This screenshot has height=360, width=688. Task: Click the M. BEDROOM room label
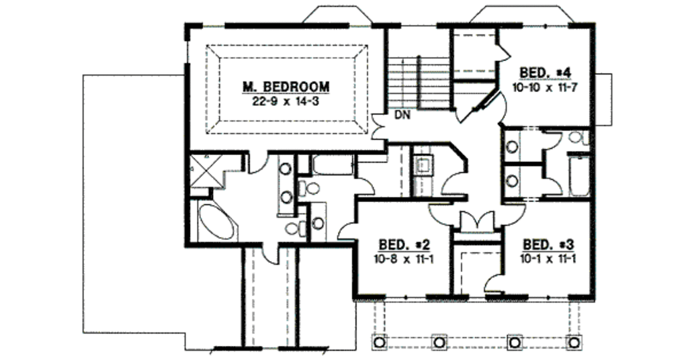point(286,87)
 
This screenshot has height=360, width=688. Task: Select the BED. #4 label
point(545,73)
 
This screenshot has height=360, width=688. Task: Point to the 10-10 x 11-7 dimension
point(545,86)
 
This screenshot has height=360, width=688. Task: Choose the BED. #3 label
point(548,244)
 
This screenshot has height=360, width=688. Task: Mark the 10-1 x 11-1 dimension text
point(548,257)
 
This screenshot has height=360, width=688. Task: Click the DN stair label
point(402,116)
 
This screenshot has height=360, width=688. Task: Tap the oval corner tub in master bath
point(216,222)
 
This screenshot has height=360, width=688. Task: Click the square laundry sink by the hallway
point(425,164)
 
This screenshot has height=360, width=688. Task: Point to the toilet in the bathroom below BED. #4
point(577,138)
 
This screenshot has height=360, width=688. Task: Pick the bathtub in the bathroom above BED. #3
point(578,176)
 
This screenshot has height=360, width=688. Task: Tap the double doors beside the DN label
point(380,125)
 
